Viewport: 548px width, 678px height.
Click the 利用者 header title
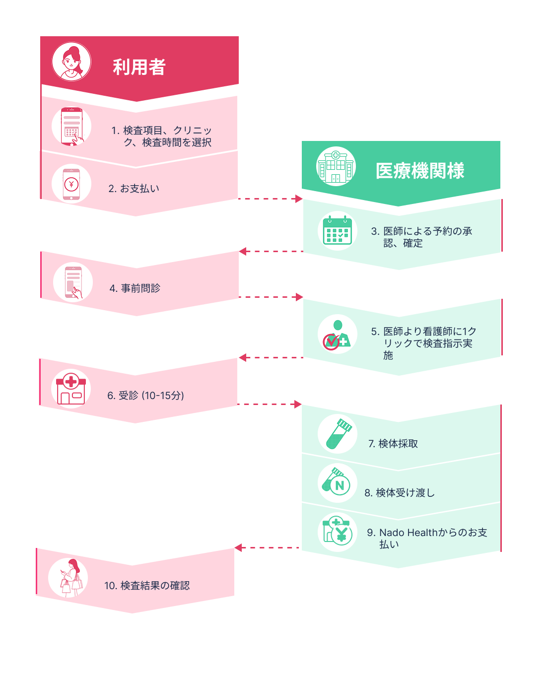point(139,67)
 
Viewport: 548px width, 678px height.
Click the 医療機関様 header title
point(420,171)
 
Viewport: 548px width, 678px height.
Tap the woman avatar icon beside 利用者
point(71,62)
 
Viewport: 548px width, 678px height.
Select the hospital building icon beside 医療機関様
point(336,166)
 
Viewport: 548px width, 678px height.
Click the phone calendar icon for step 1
point(71,126)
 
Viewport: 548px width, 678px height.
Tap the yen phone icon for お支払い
point(71,184)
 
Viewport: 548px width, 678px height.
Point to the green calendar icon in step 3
point(337,231)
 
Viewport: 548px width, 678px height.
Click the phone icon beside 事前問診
point(73,282)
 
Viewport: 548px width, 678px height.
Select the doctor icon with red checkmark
point(337,334)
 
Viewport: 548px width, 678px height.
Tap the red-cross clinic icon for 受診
point(71,389)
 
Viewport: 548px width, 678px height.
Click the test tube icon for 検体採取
point(338,434)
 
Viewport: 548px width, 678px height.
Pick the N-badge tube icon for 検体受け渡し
point(337,483)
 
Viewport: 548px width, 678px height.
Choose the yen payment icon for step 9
point(337,532)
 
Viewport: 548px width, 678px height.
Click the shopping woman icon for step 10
point(68,578)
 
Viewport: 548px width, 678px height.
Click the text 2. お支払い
point(134,189)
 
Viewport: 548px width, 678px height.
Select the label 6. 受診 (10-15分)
point(145,396)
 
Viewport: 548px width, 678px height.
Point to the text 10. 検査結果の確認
point(147,586)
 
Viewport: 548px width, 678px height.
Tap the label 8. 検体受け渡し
point(400,493)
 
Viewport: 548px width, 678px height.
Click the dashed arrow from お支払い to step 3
point(270,199)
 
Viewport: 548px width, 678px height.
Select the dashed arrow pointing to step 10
point(267,548)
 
